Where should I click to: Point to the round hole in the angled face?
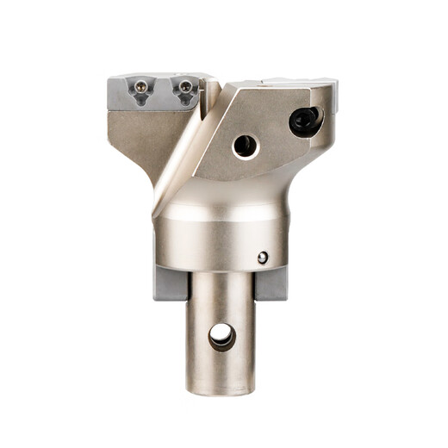(246, 146)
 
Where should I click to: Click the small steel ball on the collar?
(263, 257)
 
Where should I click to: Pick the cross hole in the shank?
(221, 336)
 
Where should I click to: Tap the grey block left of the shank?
(170, 283)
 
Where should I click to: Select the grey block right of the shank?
(271, 283)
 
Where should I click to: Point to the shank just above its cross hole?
(221, 302)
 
